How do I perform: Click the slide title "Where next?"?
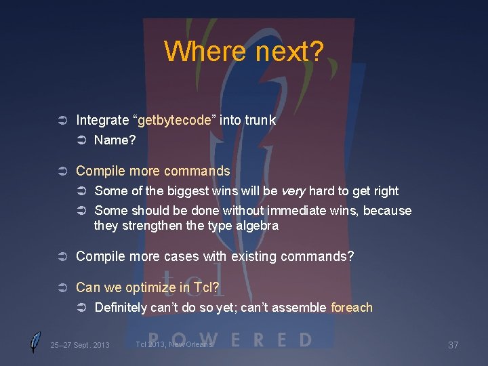(244, 51)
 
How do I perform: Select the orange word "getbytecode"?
(176, 121)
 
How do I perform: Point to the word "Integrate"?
(102, 121)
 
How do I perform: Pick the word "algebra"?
(257, 226)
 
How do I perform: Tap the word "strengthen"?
(153, 226)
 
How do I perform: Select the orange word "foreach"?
(352, 308)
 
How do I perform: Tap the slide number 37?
(453, 346)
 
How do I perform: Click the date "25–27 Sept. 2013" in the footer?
(79, 346)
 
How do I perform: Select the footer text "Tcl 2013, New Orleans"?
(174, 344)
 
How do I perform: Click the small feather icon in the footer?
(35, 342)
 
